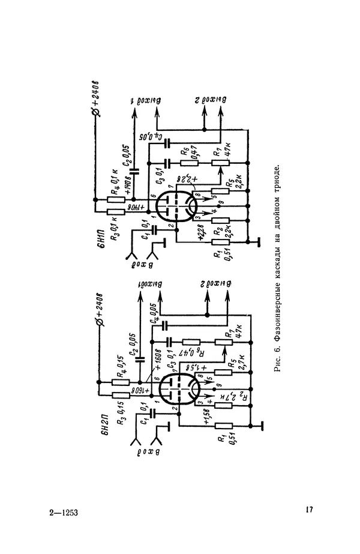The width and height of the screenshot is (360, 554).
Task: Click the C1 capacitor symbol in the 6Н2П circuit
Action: click(x=152, y=413)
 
